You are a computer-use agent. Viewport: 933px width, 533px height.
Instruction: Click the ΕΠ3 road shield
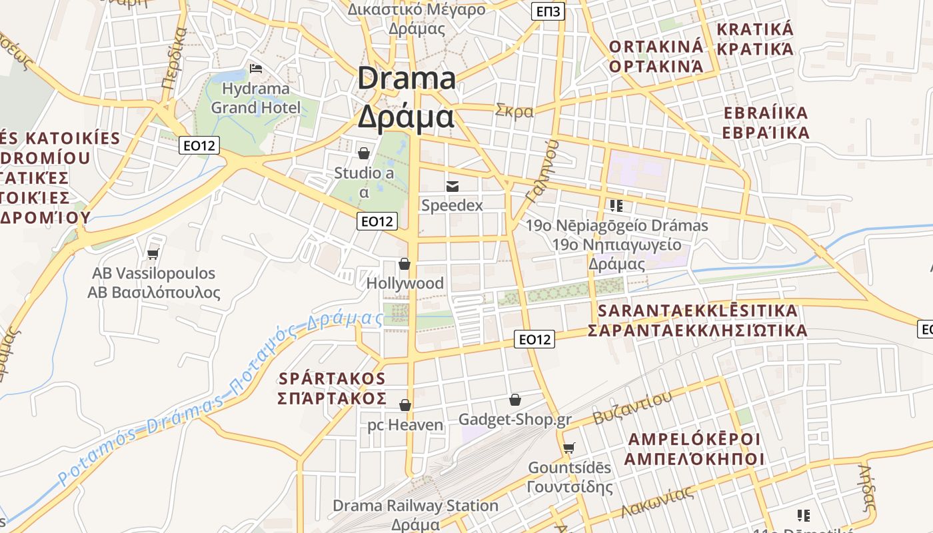click(x=548, y=11)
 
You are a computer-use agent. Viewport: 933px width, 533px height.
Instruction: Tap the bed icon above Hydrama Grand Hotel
click(x=255, y=68)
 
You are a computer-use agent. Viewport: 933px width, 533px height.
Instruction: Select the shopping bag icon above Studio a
click(x=364, y=154)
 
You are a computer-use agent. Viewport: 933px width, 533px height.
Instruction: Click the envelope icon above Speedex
click(x=453, y=186)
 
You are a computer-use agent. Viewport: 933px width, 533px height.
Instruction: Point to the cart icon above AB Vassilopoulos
click(x=153, y=254)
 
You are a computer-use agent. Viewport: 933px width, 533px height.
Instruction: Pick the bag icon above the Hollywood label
click(x=404, y=264)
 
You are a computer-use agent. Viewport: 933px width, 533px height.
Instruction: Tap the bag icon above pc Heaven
click(x=405, y=405)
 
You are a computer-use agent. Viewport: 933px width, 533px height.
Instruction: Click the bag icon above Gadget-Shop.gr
click(x=514, y=400)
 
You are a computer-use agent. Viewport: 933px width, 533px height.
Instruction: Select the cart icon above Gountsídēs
click(x=568, y=448)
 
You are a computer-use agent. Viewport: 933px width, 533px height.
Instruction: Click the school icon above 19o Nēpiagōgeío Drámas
click(x=616, y=206)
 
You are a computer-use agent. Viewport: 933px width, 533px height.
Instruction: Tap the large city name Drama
click(x=407, y=79)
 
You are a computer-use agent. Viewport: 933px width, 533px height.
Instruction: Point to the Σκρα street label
click(x=514, y=111)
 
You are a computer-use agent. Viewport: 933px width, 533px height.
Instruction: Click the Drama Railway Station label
click(x=415, y=506)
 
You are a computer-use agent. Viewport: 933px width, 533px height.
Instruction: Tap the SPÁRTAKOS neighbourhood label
click(x=332, y=378)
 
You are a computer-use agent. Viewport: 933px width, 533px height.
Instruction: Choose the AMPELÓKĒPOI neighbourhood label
click(x=694, y=439)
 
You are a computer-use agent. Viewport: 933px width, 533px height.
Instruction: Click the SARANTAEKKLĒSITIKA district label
click(x=697, y=311)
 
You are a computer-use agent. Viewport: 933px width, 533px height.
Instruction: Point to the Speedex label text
click(x=452, y=205)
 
